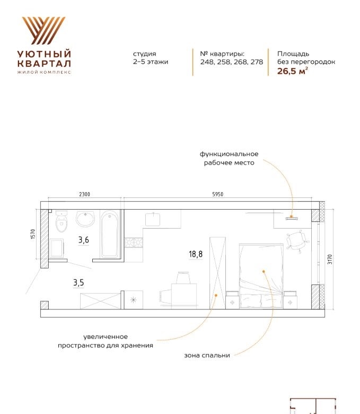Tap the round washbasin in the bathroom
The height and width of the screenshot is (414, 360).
85,219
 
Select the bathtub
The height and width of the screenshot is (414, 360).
110,234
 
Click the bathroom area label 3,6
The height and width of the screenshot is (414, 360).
84,240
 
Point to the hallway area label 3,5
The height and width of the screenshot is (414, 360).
78,283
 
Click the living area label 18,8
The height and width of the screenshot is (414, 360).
196,254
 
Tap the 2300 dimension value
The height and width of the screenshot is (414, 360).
84,194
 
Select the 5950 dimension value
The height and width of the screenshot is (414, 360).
217,194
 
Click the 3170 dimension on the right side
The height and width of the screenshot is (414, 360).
330,260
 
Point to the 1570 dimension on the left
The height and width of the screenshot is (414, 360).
33,234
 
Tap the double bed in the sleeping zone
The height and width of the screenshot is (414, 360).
261,276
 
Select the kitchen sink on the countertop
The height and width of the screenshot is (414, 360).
153,219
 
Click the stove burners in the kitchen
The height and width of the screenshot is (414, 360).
134,243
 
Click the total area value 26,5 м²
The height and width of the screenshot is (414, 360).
293,71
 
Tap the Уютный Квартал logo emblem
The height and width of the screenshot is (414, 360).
44,30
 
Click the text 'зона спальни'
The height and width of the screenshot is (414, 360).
207,356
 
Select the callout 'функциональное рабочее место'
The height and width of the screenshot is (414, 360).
229,158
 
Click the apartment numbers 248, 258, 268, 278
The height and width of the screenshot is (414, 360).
232,62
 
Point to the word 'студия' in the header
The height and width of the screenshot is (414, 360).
145,54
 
